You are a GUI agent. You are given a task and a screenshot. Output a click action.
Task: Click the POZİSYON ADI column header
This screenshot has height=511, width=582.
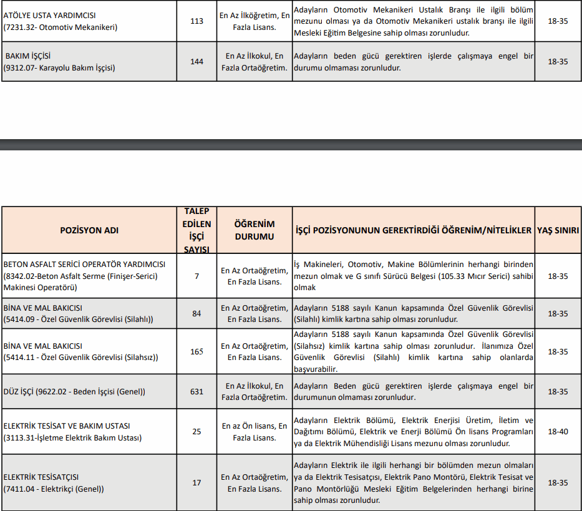89,230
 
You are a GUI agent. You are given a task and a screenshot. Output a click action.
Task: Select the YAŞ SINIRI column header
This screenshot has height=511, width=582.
558,230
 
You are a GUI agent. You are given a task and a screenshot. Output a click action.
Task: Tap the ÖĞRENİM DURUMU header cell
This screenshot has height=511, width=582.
254,230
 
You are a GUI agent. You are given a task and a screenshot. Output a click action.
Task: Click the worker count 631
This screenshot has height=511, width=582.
196,392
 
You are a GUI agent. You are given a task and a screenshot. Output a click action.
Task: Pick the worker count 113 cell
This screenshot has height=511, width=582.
196,21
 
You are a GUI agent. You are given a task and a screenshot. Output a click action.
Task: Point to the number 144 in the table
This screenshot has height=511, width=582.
196,62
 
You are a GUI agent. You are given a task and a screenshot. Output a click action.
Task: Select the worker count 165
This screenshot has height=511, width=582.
196,352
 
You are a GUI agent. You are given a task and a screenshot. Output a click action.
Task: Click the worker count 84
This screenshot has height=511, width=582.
196,313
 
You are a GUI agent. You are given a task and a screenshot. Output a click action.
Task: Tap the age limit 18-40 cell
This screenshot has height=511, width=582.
558,432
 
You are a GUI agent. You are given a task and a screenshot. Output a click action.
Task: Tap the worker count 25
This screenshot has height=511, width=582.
196,432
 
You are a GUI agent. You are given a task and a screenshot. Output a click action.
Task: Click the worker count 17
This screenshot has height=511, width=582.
196,483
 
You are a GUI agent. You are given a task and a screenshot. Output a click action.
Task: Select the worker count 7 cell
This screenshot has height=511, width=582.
196,276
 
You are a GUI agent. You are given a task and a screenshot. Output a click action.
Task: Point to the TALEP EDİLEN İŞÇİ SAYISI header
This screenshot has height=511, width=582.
196,230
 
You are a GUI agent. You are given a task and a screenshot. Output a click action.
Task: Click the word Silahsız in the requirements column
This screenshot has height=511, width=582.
311,346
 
